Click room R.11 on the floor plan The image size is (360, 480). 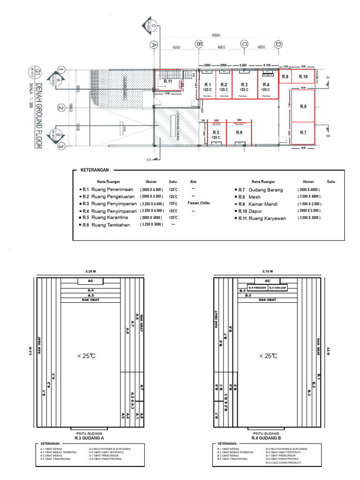pos(168,82)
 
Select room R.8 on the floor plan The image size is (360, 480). pos(303,106)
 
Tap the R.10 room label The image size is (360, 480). pos(303,76)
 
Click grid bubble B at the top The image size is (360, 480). pos(199,45)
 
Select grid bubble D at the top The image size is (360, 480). pos(278,45)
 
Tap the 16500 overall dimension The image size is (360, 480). pos(216,35)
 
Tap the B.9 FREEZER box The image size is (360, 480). pos(257,287)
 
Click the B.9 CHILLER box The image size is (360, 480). pos(277,287)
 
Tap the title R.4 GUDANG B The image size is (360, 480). pos(266,438)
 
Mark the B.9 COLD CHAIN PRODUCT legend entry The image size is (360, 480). pos(285,463)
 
